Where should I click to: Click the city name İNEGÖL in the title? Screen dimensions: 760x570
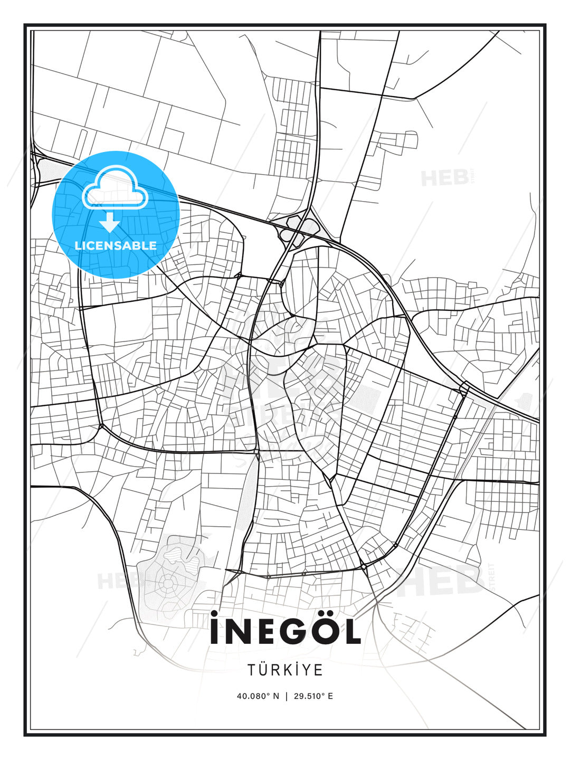pyautogui.click(x=285, y=631)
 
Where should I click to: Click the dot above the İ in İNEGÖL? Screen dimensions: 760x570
pyautogui.click(x=214, y=613)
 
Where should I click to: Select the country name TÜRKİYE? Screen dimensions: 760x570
pyautogui.click(x=285, y=670)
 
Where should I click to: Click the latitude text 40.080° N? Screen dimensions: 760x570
pyautogui.click(x=258, y=696)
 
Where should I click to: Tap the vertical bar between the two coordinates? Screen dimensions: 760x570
pyautogui.click(x=286, y=696)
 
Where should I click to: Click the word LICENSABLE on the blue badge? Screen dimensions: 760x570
pyautogui.click(x=116, y=245)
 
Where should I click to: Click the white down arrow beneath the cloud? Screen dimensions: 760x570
pyautogui.click(x=110, y=222)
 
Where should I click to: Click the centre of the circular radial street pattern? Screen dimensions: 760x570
pyautogui.click(x=168, y=584)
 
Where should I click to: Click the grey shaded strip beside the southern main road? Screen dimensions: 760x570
pyautogui.click(x=247, y=507)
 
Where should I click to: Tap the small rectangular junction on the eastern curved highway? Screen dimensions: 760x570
pyautogui.click(x=464, y=388)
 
